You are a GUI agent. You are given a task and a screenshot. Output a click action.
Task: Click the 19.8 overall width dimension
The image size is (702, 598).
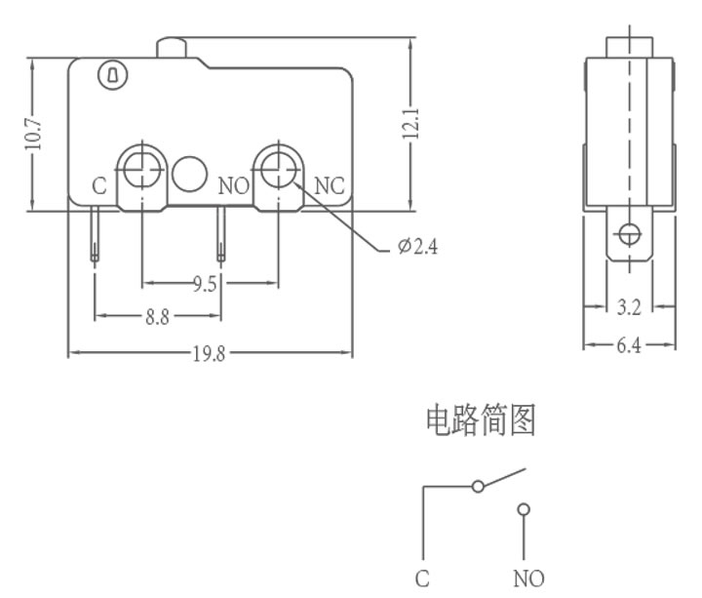(209, 354)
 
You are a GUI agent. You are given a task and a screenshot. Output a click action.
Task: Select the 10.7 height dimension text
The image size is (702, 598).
(33, 135)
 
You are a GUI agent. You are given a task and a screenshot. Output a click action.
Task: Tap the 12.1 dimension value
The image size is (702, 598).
(410, 124)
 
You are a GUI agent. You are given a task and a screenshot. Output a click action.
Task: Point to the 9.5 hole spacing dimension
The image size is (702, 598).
(205, 284)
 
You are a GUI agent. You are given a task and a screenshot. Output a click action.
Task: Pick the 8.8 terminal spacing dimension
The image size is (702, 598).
(157, 317)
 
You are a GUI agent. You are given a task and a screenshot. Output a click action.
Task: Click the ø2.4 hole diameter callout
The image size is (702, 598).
(417, 246)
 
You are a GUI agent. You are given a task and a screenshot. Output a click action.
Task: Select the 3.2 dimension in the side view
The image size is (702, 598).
(629, 307)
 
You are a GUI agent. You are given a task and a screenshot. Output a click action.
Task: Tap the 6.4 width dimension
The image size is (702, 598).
(629, 345)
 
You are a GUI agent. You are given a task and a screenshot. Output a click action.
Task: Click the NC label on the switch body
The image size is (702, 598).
(330, 186)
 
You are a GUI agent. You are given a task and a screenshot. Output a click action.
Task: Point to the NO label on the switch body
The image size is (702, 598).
(234, 186)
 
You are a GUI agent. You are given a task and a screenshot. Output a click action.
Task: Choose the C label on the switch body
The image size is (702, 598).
(99, 186)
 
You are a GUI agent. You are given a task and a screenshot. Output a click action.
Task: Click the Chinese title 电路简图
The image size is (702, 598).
(481, 420)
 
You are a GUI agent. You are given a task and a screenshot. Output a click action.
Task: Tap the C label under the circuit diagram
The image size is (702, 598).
(422, 578)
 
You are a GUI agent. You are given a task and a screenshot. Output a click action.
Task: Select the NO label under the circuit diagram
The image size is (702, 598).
(528, 578)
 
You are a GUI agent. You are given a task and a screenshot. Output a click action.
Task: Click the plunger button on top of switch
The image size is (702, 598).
(171, 48)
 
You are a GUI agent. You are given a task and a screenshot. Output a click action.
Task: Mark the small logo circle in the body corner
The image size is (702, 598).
(113, 74)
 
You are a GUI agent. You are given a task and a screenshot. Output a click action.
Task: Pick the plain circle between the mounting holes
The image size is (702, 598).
(189, 174)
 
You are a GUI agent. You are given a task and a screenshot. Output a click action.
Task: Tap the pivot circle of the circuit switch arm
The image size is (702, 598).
(478, 487)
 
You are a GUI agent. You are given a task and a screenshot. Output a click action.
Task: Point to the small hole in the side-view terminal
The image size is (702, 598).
(630, 234)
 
